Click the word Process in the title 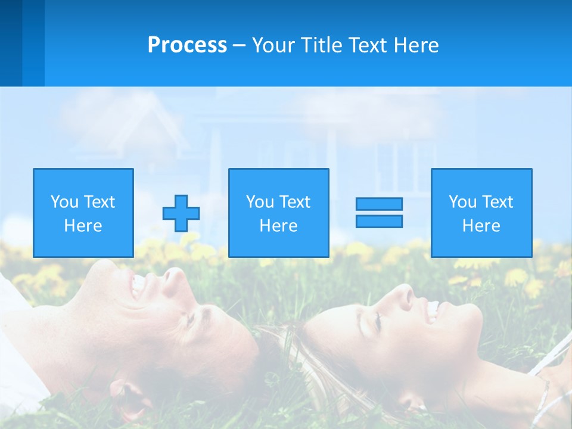pyautogui.click(x=187, y=45)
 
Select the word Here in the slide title pyautogui.click(x=416, y=45)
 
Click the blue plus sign pyautogui.click(x=181, y=213)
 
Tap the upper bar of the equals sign pyautogui.click(x=379, y=204)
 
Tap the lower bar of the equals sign pyautogui.click(x=379, y=221)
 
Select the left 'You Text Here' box pyautogui.click(x=83, y=213)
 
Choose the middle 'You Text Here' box pyautogui.click(x=279, y=213)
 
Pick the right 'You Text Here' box pyautogui.click(x=481, y=213)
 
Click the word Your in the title pyautogui.click(x=273, y=45)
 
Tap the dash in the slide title pyautogui.click(x=240, y=45)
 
